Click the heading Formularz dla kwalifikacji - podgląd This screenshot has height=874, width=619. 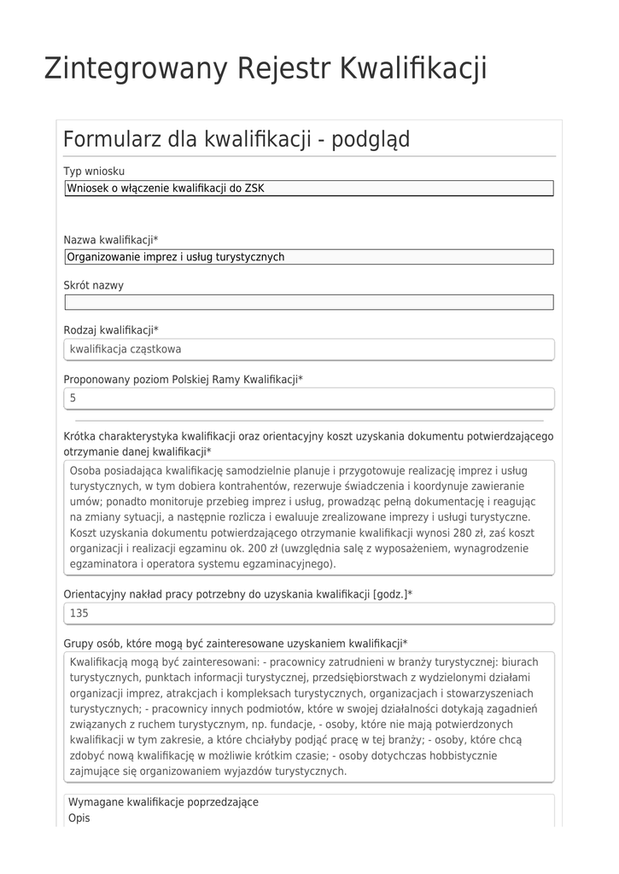pyautogui.click(x=237, y=138)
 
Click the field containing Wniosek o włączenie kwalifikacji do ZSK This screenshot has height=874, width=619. pyautogui.click(x=309, y=189)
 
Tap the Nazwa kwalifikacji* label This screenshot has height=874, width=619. pyautogui.click(x=111, y=240)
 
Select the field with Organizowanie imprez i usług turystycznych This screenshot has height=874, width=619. pyautogui.click(x=309, y=257)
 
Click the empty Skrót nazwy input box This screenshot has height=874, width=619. pyautogui.click(x=309, y=302)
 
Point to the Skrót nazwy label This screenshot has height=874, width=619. pyautogui.click(x=93, y=285)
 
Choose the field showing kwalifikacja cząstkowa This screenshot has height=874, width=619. pyautogui.click(x=309, y=349)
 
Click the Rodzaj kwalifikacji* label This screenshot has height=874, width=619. pyautogui.click(x=111, y=330)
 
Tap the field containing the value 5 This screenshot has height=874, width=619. pyautogui.click(x=309, y=399)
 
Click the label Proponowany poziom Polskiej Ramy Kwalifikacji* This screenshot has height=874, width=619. pyautogui.click(x=184, y=379)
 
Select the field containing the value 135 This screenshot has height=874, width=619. pyautogui.click(x=309, y=614)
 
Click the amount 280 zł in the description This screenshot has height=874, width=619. pyautogui.click(x=458, y=533)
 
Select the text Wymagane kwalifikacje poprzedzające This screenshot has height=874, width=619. pyautogui.click(x=163, y=802)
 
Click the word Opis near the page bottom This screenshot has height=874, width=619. pyautogui.click(x=79, y=818)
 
